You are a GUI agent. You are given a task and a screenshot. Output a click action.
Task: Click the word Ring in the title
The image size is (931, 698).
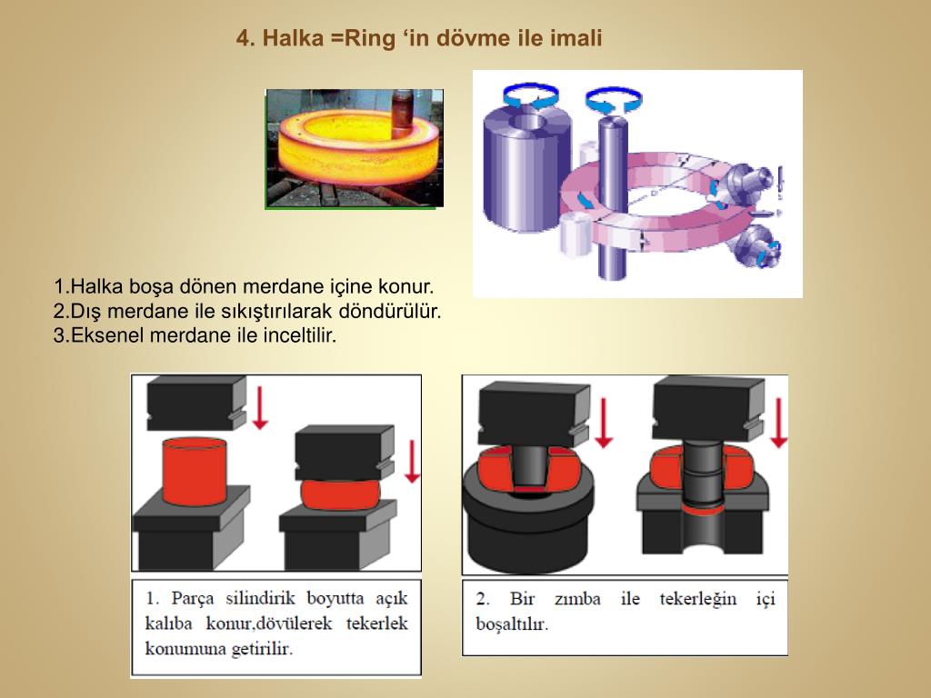coord(369,38)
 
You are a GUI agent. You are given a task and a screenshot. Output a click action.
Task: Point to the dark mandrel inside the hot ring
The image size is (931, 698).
coord(403,114)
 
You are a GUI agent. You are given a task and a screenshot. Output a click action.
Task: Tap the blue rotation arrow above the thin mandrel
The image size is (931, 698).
coord(614,100)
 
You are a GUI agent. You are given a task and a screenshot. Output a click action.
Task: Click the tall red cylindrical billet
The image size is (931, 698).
coord(195,472)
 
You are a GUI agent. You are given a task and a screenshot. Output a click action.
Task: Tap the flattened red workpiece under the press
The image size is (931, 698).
coord(340,494)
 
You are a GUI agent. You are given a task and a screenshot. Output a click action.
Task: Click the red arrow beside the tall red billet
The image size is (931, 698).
coord(259,407)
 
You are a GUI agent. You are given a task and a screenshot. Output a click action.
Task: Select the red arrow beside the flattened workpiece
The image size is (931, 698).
coord(412,461)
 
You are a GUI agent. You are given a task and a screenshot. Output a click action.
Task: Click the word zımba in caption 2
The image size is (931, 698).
coord(577,599)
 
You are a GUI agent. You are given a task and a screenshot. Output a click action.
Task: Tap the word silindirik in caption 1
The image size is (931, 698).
coord(260,598)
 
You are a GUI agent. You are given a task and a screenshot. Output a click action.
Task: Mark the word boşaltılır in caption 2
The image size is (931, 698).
coord(512,623)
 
